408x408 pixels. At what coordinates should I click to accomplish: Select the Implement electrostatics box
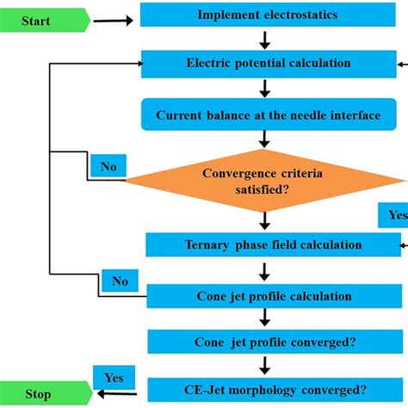tap(266, 15)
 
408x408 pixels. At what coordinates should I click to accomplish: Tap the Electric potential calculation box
tap(266, 63)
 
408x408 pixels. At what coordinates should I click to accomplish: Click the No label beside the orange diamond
tap(108, 165)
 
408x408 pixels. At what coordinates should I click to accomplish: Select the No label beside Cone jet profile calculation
tap(120, 281)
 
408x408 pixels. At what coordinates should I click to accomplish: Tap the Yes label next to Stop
tap(113, 377)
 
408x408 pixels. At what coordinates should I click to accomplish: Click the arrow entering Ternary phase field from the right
tap(398, 244)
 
